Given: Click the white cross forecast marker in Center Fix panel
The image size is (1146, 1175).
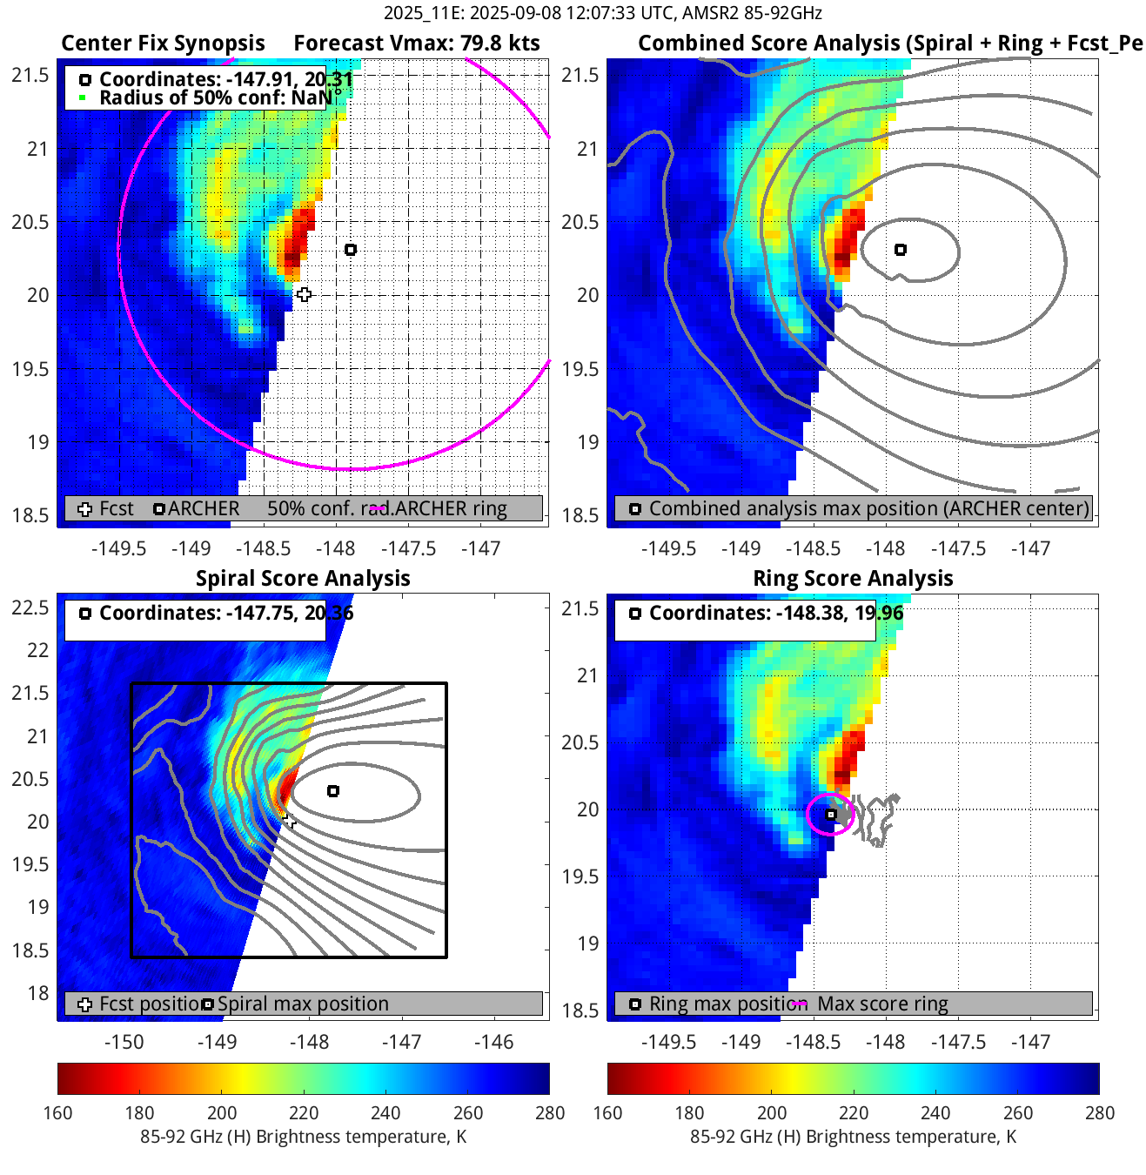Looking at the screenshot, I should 304,295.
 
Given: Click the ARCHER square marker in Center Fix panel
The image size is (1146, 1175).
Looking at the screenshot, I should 351,250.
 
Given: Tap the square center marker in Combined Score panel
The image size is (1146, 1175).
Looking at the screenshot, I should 901,250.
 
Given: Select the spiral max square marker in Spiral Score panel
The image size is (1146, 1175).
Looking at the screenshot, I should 333,791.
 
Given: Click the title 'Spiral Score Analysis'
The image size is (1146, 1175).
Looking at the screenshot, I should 303,579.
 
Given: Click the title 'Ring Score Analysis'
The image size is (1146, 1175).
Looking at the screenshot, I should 853,579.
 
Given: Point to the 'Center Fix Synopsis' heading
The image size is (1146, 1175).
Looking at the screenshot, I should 163,44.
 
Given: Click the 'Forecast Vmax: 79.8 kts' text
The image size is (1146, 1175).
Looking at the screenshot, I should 416,44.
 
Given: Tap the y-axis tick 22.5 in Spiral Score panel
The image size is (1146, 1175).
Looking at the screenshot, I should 30,608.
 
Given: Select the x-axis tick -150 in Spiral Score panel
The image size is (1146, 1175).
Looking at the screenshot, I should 124,1042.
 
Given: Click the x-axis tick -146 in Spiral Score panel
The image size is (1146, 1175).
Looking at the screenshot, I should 493,1042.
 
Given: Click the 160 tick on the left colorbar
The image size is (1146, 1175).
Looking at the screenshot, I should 57,1113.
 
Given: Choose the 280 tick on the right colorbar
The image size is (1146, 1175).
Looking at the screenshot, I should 1099,1113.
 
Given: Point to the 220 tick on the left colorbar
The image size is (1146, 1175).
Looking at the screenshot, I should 304,1113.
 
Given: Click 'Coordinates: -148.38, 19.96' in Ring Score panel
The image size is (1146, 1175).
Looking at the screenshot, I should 776,614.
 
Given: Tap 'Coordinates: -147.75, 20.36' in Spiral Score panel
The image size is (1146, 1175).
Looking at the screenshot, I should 226,614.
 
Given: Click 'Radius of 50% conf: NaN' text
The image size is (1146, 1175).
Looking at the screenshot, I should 215,97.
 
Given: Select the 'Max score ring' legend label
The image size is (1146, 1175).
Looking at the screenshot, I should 882,1004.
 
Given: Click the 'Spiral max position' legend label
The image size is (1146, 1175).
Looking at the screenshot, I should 303,1004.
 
